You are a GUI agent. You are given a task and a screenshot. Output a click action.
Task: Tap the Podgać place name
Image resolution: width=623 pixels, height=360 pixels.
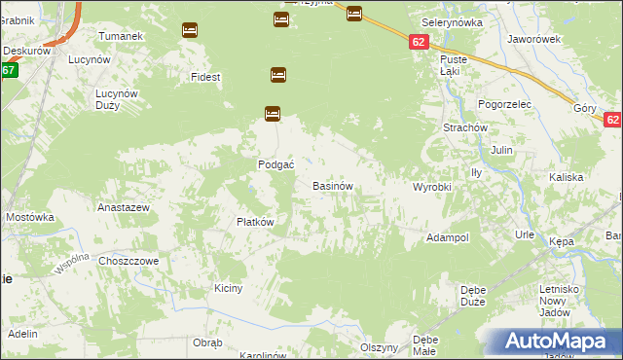[x=275, y=164]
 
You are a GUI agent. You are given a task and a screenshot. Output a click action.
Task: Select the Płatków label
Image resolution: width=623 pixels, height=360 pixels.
[x=255, y=221]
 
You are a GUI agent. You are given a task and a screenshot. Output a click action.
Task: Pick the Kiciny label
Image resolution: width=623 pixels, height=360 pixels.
[x=228, y=288]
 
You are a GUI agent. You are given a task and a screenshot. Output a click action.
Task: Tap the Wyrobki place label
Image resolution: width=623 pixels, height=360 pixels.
[x=432, y=186]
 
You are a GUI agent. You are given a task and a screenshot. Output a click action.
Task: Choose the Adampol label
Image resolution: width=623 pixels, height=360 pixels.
[x=448, y=237]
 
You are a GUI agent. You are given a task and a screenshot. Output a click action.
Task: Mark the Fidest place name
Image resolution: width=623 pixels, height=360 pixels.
[x=206, y=76]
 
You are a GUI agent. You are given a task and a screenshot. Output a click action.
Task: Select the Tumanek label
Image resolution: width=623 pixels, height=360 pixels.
[x=122, y=35]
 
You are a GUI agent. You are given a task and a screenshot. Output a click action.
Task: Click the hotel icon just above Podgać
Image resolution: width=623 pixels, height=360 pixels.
[x=273, y=114]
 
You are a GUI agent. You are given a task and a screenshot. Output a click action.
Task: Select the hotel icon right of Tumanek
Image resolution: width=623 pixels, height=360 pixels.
[x=190, y=30]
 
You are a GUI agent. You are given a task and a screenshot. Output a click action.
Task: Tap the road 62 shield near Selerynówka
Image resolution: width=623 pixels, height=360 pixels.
[x=418, y=42]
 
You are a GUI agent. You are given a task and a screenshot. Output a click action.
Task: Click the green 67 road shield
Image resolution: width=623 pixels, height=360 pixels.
[x=9, y=70]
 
